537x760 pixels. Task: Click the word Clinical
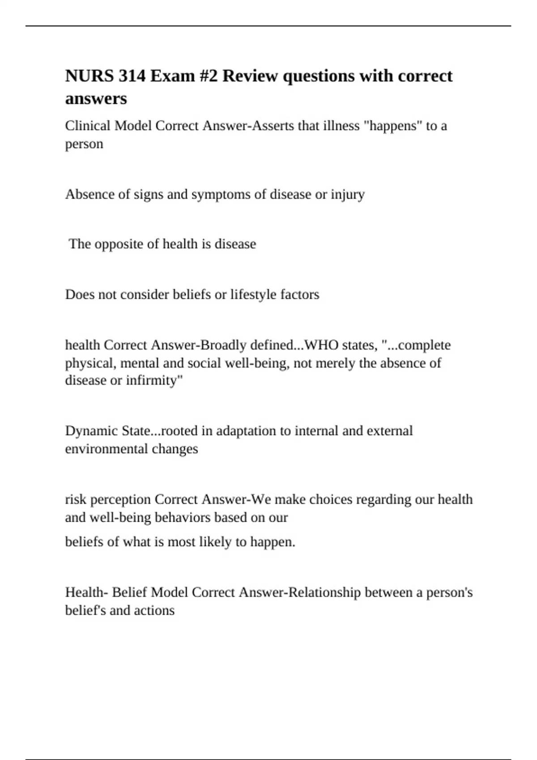[x=88, y=126]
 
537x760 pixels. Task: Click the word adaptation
[x=245, y=431]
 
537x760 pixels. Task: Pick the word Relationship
[x=324, y=592]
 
